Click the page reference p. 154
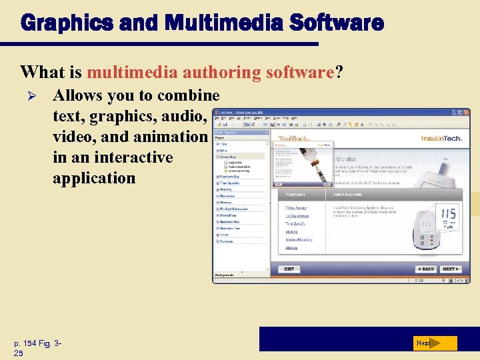click(x=30, y=343)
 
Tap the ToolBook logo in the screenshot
click(x=293, y=139)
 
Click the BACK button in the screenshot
click(x=425, y=269)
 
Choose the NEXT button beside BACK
click(x=450, y=269)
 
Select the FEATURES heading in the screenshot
click(x=295, y=194)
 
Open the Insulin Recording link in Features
click(x=299, y=239)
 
